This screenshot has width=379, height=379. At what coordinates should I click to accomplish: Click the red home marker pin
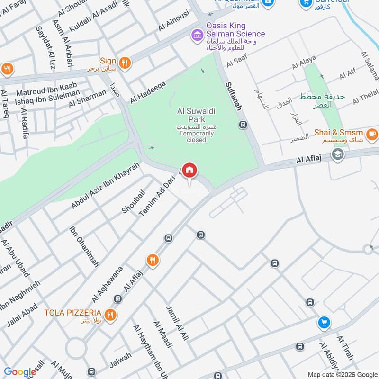pyautogui.click(x=189, y=170)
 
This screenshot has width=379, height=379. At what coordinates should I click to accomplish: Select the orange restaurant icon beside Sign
pyautogui.click(x=124, y=63)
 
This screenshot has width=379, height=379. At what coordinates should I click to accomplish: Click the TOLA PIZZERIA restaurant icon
pyautogui.click(x=110, y=315)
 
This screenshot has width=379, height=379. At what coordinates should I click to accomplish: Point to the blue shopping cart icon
pyautogui.click(x=324, y=322)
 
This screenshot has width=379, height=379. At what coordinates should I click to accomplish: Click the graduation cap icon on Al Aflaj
pyautogui.click(x=338, y=154)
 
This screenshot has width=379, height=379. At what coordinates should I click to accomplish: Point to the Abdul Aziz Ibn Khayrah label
pyautogui.click(x=106, y=185)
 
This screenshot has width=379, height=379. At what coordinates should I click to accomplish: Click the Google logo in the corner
pyautogui.click(x=19, y=371)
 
